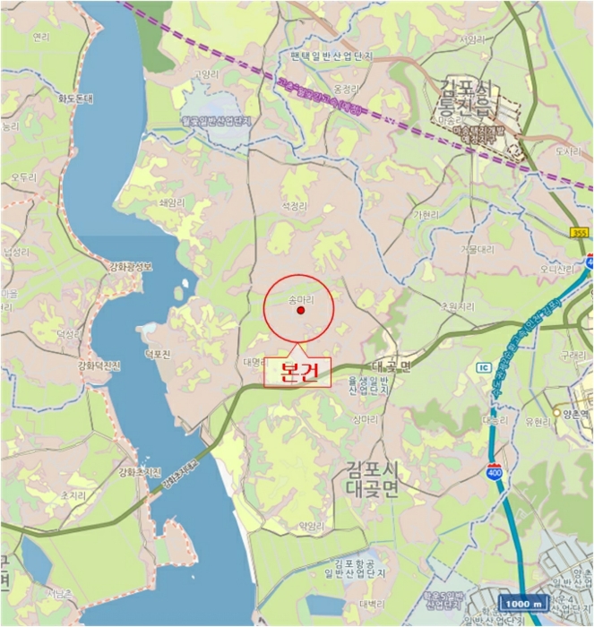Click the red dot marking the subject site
[301, 311]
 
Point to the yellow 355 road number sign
[579, 233]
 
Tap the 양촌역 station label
[573, 413]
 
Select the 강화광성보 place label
[131, 266]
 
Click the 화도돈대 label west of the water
[76, 99]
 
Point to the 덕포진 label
[157, 354]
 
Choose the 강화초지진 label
[139, 472]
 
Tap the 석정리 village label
[295, 206]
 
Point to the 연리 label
[40, 37]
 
